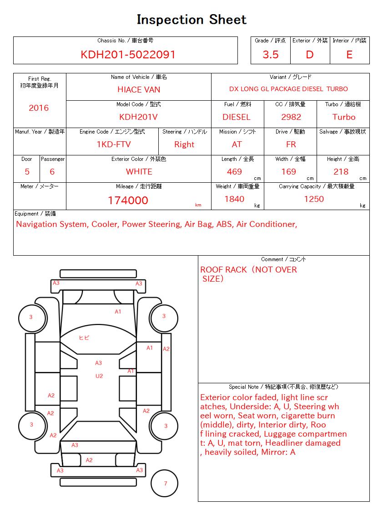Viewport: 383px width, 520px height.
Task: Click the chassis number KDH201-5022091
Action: pos(128,55)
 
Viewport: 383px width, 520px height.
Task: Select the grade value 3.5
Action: pos(271,55)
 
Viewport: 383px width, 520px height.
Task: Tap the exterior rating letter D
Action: pos(310,55)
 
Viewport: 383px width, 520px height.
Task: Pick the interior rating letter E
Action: pos(349,55)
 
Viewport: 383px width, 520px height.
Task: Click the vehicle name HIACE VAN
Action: pos(139,90)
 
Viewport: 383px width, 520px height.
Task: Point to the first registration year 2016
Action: pos(39,108)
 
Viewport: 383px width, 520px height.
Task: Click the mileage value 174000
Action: pos(128,201)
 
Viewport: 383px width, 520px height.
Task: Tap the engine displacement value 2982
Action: pos(291,117)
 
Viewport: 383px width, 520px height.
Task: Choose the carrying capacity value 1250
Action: pos(314,199)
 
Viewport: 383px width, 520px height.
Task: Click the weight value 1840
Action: pos(234,199)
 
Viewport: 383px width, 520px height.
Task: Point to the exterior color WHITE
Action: pos(139,172)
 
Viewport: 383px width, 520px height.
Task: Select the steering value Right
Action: pos(184,144)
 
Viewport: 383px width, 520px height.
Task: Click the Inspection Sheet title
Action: pos(191,20)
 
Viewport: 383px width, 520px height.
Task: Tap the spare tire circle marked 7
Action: pos(165,484)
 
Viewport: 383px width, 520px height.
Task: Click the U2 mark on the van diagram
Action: pos(99,376)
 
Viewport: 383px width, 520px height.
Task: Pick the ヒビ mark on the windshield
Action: pos(84,338)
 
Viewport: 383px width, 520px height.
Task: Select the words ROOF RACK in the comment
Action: pos(223,270)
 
